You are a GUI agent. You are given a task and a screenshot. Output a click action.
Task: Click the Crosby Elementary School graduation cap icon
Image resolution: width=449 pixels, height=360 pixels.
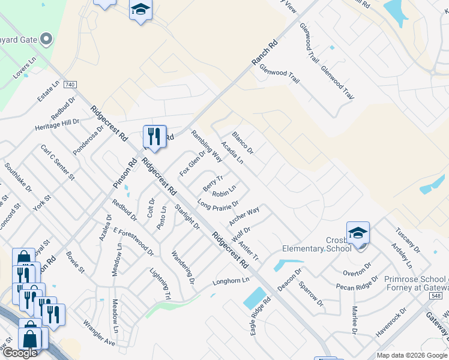(358, 233)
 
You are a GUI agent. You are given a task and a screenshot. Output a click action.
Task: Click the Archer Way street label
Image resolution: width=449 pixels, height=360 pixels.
(244, 217)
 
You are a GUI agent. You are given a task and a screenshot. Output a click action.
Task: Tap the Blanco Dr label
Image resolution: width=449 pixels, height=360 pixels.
(243, 142)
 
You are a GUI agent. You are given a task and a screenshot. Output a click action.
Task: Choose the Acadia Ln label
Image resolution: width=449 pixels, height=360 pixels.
(232, 152)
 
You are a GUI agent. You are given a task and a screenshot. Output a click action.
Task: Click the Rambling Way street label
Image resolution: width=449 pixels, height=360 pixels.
(206, 146)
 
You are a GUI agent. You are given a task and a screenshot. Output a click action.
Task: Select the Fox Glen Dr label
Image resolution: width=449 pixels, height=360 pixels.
(192, 163)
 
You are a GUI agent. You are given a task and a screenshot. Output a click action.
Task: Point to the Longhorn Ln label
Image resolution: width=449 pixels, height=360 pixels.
(231, 281)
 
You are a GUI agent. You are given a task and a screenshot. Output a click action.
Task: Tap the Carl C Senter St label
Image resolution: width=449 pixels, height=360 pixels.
(57, 162)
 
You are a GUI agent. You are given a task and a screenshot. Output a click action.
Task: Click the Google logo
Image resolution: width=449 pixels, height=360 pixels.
(20, 353)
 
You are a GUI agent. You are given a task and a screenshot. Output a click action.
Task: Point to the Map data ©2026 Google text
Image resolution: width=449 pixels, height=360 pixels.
(412, 355)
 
